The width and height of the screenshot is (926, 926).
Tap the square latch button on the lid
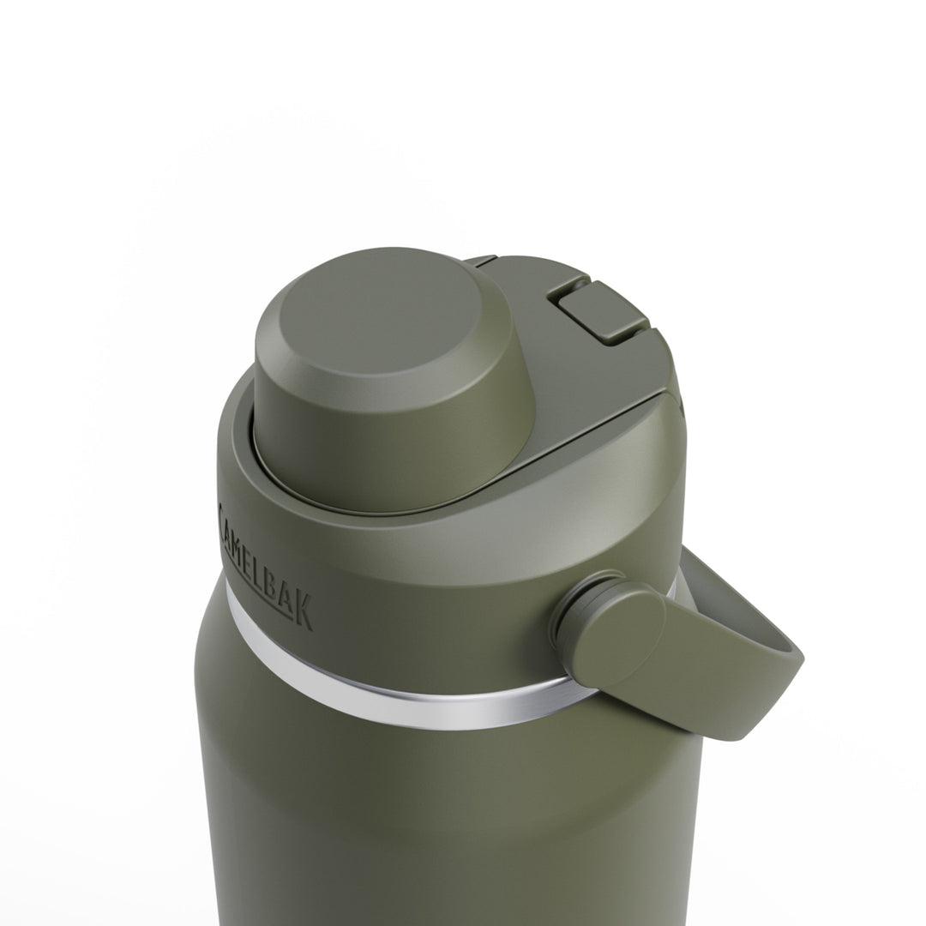point(598,313)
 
